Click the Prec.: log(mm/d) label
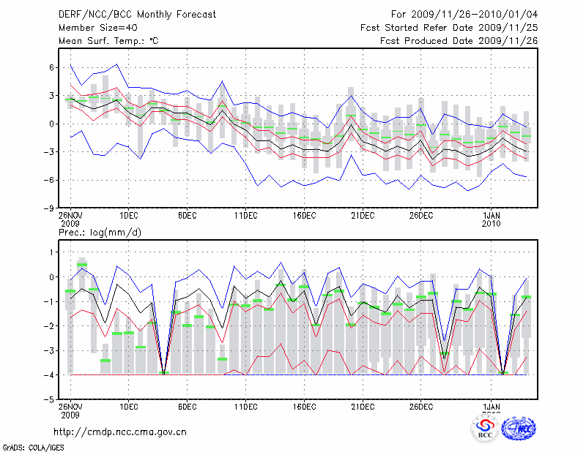(x=100, y=233)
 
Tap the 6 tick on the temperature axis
(x=51, y=67)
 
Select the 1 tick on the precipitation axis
(x=51, y=252)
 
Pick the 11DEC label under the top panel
(x=245, y=216)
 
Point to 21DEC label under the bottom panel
(x=363, y=407)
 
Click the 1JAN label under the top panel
(x=493, y=216)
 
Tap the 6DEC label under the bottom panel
(x=187, y=407)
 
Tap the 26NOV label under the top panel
(x=70, y=216)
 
